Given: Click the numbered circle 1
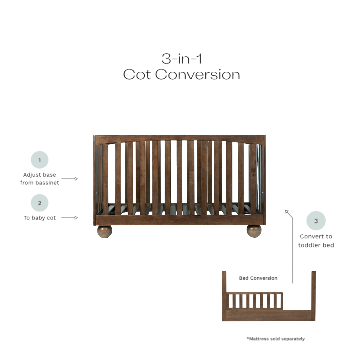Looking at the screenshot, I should [x=39, y=160].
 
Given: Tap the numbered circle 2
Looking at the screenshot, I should [x=39, y=203].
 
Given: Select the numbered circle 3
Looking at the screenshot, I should [x=316, y=221].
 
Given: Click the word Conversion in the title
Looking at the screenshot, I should [x=197, y=75].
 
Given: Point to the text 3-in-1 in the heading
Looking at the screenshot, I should [x=182, y=59].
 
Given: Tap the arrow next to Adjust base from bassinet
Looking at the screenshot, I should [x=69, y=179].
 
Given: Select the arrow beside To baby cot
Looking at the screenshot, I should [x=69, y=218].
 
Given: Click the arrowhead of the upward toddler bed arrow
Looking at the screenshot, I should [x=287, y=212].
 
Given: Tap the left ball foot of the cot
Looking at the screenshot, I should [x=104, y=231].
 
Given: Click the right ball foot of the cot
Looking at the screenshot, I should [x=254, y=231].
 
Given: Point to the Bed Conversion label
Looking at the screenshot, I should [x=258, y=278].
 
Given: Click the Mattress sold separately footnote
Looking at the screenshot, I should [x=276, y=339].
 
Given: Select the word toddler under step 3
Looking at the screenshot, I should [x=308, y=245].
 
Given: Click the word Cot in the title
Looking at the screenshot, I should [x=137, y=75].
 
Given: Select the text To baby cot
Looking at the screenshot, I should [x=40, y=218].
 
